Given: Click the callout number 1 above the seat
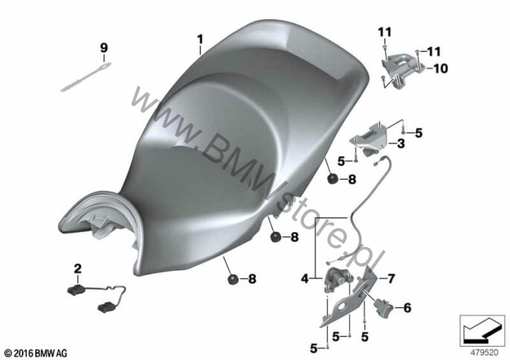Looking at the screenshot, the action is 200,39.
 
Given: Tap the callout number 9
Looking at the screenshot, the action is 103,48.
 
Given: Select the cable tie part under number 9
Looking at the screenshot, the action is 86,77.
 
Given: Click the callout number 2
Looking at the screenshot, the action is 78,269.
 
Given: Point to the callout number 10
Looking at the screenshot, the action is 440,68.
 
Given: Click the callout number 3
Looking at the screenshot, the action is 401,144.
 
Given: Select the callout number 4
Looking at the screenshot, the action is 305,279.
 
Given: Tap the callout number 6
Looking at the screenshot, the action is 407,308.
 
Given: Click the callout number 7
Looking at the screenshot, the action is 391,279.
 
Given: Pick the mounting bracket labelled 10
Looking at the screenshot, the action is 401,68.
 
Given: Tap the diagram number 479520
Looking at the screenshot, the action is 485,353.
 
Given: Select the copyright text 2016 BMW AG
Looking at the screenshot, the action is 36,353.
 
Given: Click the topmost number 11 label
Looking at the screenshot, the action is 385,32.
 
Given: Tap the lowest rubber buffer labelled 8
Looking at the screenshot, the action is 233,280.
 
